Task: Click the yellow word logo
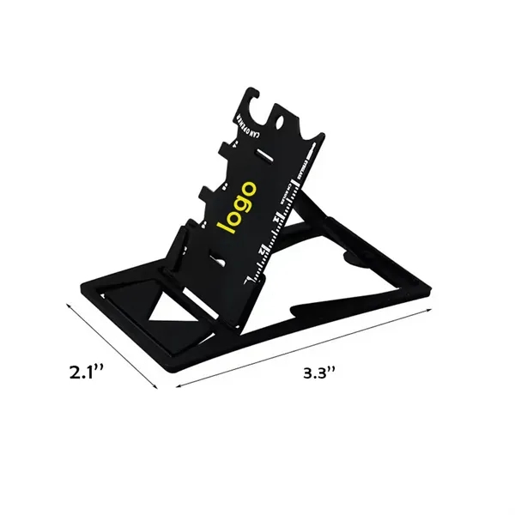pos(238,207)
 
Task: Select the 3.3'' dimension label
pos(320,373)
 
